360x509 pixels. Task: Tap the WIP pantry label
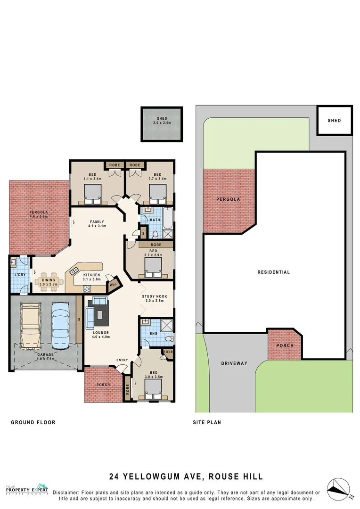(x=113, y=285)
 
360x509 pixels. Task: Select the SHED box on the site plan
(x=334, y=121)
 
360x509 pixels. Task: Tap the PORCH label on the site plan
(x=285, y=345)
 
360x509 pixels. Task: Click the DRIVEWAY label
(x=234, y=364)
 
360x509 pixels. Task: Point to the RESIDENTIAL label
(x=274, y=272)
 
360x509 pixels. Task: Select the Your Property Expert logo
(x=27, y=490)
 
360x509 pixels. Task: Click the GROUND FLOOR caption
(x=33, y=422)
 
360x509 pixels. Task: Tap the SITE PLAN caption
(x=207, y=422)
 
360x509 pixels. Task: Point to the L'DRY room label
(x=19, y=274)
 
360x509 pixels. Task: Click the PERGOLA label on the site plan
(x=228, y=199)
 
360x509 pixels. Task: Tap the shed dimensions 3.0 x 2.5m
(x=162, y=123)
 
